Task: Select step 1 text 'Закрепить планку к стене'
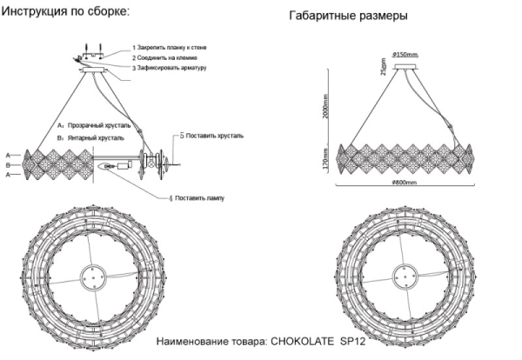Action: [x=172, y=46]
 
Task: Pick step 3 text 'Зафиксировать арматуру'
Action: [x=171, y=67]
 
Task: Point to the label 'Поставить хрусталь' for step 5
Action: [x=217, y=137]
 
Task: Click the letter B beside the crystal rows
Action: [x=8, y=163]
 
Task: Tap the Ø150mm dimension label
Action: [x=406, y=55]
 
